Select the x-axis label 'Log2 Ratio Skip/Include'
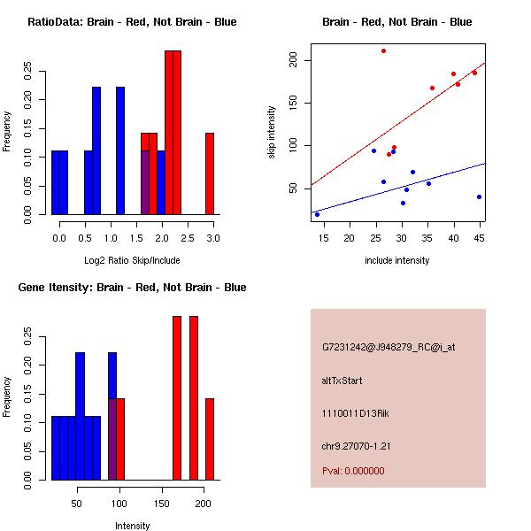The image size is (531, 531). click(132, 260)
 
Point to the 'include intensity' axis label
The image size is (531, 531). click(396, 260)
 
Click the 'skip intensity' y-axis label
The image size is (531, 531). click(272, 133)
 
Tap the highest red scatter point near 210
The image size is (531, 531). click(383, 50)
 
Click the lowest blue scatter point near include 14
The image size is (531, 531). click(317, 214)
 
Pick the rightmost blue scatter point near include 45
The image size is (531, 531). click(479, 196)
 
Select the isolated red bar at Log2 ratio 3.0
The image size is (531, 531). click(210, 173)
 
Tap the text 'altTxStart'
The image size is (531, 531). click(342, 381)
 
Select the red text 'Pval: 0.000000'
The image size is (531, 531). click(353, 471)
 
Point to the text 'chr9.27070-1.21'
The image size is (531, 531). click(357, 445)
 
